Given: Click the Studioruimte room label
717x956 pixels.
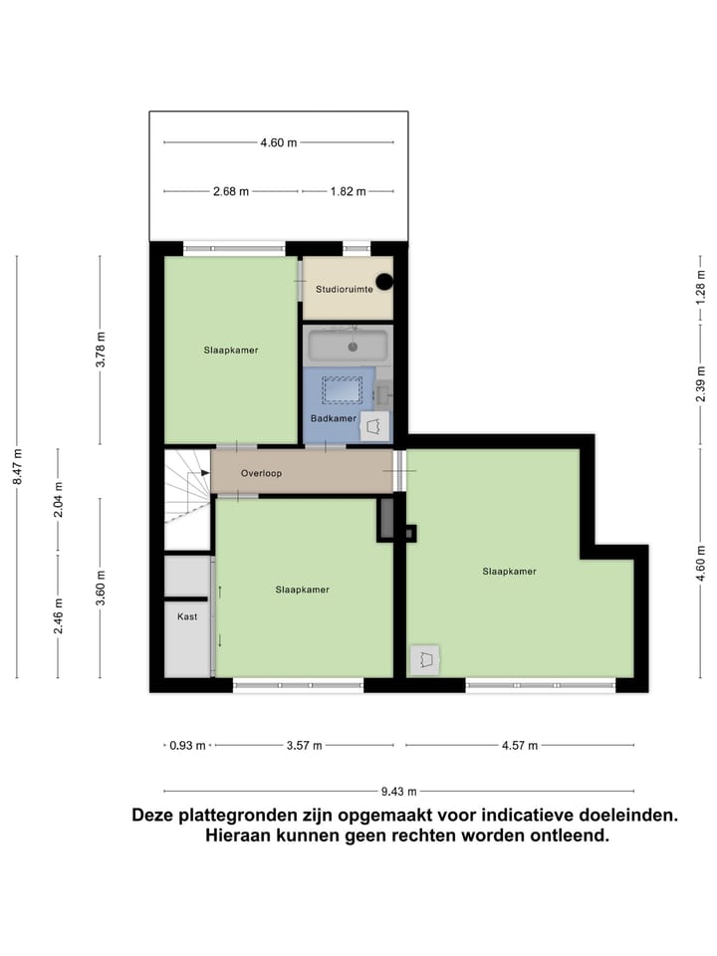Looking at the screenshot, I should tap(345, 290).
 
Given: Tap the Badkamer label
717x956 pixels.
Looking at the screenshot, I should tap(334, 418).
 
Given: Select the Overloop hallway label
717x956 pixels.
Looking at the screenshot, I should tap(261, 473).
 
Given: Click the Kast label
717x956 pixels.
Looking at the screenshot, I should tap(187, 616).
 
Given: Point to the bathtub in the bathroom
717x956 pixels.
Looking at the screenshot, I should tap(348, 347).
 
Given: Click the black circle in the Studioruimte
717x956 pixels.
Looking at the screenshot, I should tap(384, 282).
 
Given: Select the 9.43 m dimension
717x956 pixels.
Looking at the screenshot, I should tap(398, 792).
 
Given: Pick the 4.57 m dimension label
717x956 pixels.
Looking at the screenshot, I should tap(518, 745).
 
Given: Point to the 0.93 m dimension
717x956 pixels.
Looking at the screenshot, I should tap(187, 745).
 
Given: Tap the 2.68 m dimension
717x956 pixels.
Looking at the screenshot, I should tap(231, 191).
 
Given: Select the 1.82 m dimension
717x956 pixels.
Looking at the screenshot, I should tap(349, 191).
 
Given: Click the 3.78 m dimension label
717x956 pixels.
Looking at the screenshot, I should tap(100, 349).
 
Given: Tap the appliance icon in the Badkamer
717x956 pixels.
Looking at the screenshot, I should tap(374, 425).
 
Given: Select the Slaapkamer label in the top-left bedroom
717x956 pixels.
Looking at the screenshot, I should tap(231, 350).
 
